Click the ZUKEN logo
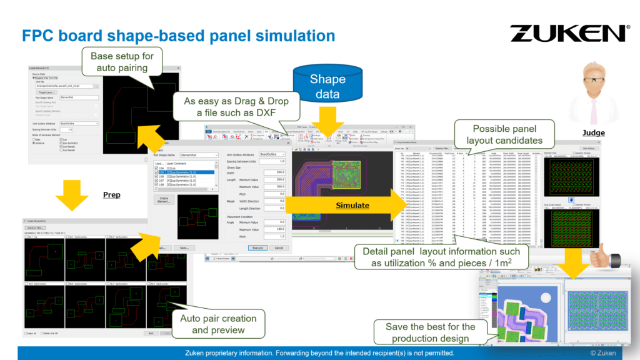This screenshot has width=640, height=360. pos(569,32)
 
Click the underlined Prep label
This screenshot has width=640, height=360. pos(111,194)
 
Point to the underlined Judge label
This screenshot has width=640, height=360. pos(593,132)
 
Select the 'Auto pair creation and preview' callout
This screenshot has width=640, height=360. pos(217,324)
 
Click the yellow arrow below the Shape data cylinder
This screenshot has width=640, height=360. pos(327,117)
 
